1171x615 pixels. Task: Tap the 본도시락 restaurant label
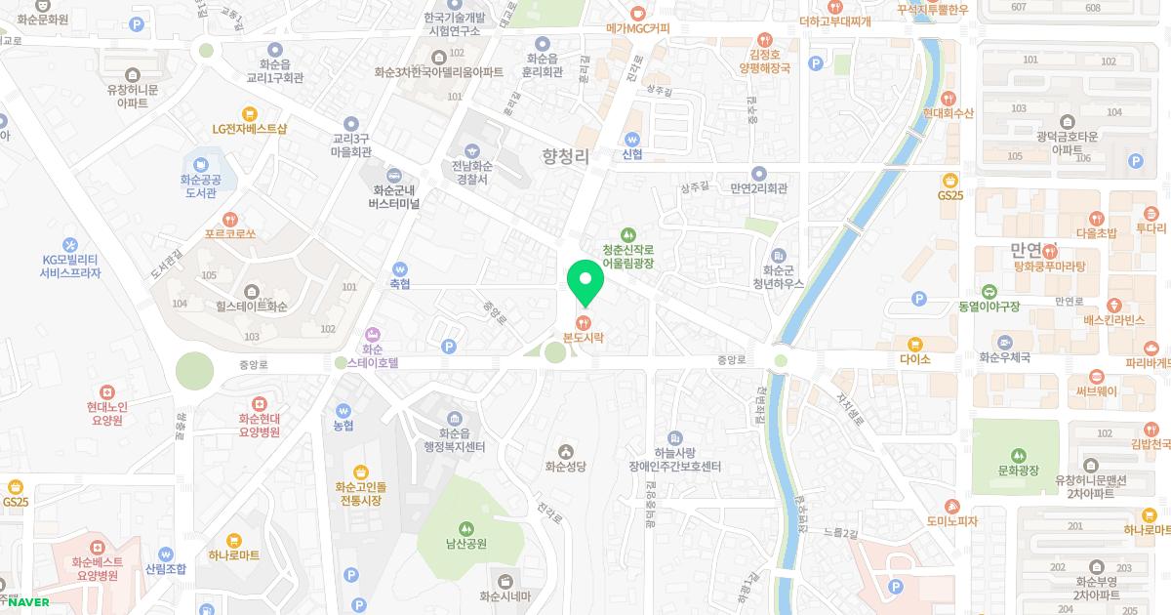[x=584, y=337]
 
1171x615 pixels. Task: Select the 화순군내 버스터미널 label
[x=394, y=197]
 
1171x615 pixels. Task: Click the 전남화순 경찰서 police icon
[x=472, y=150]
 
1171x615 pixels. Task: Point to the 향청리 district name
[x=566, y=156]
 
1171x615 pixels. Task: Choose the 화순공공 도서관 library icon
[x=201, y=163]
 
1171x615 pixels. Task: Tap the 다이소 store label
[x=915, y=358]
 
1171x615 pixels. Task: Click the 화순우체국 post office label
[x=1004, y=358]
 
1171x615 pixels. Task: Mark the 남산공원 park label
[x=465, y=544]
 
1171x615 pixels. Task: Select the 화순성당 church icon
[x=565, y=450]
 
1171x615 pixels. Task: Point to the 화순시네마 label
[x=505, y=596]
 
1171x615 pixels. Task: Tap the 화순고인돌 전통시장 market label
[x=360, y=493]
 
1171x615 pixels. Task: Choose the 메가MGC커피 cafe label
[x=637, y=28]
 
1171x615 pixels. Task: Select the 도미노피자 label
[x=951, y=521]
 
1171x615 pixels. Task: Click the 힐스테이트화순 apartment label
[x=251, y=307]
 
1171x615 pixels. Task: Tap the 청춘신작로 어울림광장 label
[x=627, y=257]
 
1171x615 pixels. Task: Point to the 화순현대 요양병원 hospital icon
[x=260, y=403]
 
